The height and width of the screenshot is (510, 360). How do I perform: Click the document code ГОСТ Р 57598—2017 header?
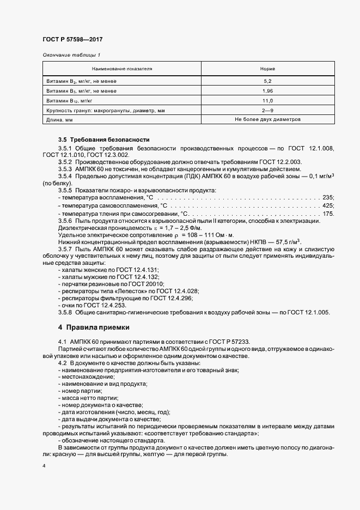[72, 40]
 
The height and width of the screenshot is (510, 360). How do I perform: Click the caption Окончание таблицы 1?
[71, 55]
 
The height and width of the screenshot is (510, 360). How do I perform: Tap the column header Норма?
[267, 69]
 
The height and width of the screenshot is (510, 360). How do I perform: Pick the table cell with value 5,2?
[267, 81]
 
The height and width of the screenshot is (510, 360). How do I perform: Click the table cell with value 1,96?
[267, 90]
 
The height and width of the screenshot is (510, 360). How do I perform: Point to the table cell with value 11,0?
[267, 101]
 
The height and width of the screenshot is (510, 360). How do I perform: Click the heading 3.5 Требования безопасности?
[103, 140]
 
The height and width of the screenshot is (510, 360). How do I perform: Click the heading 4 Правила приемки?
[94, 327]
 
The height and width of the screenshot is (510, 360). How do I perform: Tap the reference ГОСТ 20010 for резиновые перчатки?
[135, 284]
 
